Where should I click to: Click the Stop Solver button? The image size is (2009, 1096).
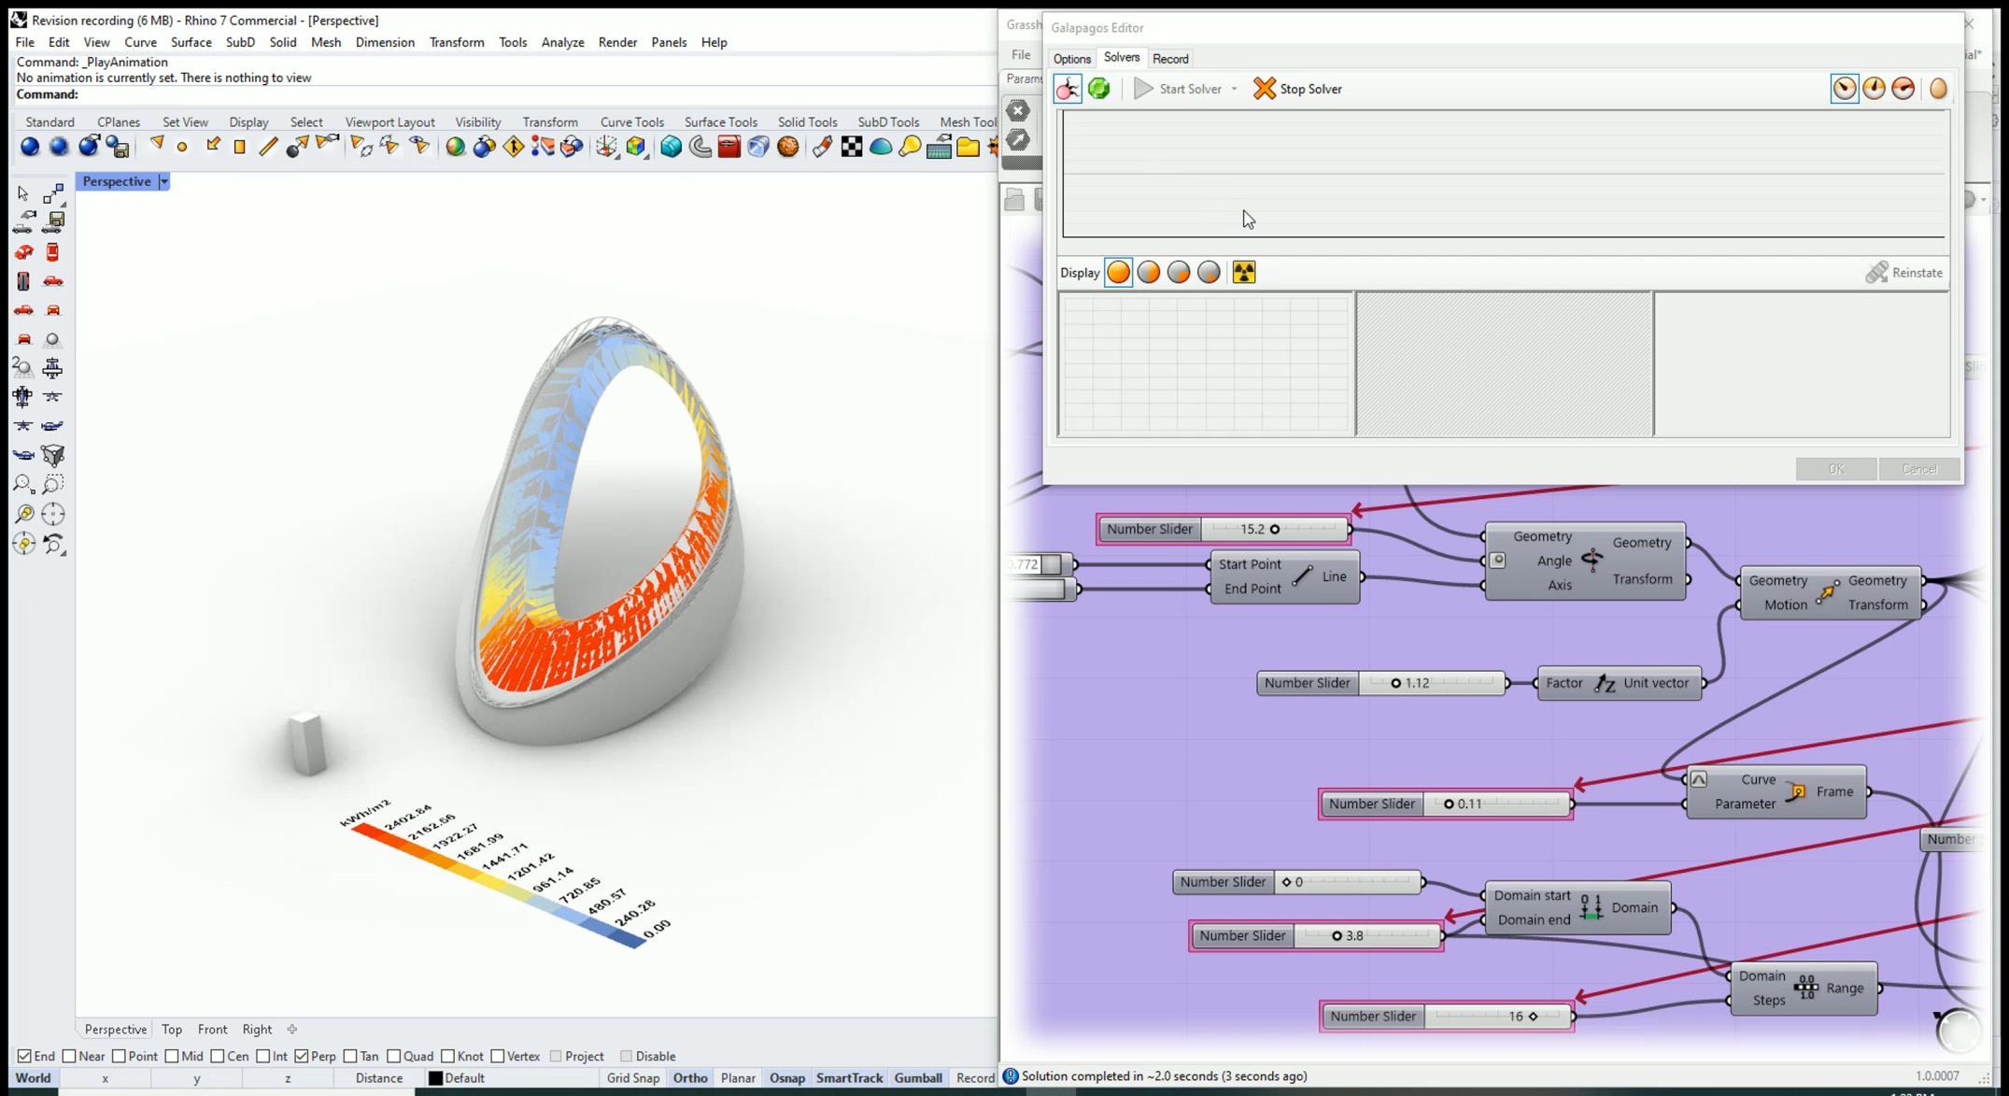[x=1297, y=89]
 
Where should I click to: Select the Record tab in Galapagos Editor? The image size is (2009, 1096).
[x=1169, y=59]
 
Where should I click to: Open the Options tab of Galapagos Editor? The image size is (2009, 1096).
[x=1071, y=59]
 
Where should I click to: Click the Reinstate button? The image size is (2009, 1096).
[x=1904, y=273]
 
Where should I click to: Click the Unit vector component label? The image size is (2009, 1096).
[x=1656, y=683]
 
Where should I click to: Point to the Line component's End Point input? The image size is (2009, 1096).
[x=1252, y=589]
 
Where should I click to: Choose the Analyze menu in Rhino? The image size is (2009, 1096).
[x=562, y=42]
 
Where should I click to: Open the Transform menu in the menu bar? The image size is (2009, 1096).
[x=456, y=42]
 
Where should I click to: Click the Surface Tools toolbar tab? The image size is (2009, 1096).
[x=720, y=122]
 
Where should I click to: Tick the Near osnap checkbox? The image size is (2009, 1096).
[x=70, y=1056]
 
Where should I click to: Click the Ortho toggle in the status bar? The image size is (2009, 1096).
[x=689, y=1077]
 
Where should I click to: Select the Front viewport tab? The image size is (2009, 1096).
[x=212, y=1029]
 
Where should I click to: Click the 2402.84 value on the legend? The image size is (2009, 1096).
[x=408, y=816]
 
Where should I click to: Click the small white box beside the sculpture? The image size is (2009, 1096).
[x=307, y=744]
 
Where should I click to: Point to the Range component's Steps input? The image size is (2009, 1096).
[x=1768, y=1000]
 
